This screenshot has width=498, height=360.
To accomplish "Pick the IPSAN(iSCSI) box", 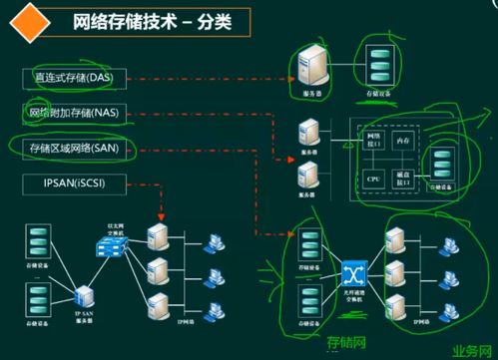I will tap(68, 183).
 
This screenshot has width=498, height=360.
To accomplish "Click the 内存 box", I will tap(402, 143).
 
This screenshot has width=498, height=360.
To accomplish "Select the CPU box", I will tap(374, 179).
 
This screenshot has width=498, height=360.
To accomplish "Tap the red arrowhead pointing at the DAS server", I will tap(289, 76).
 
